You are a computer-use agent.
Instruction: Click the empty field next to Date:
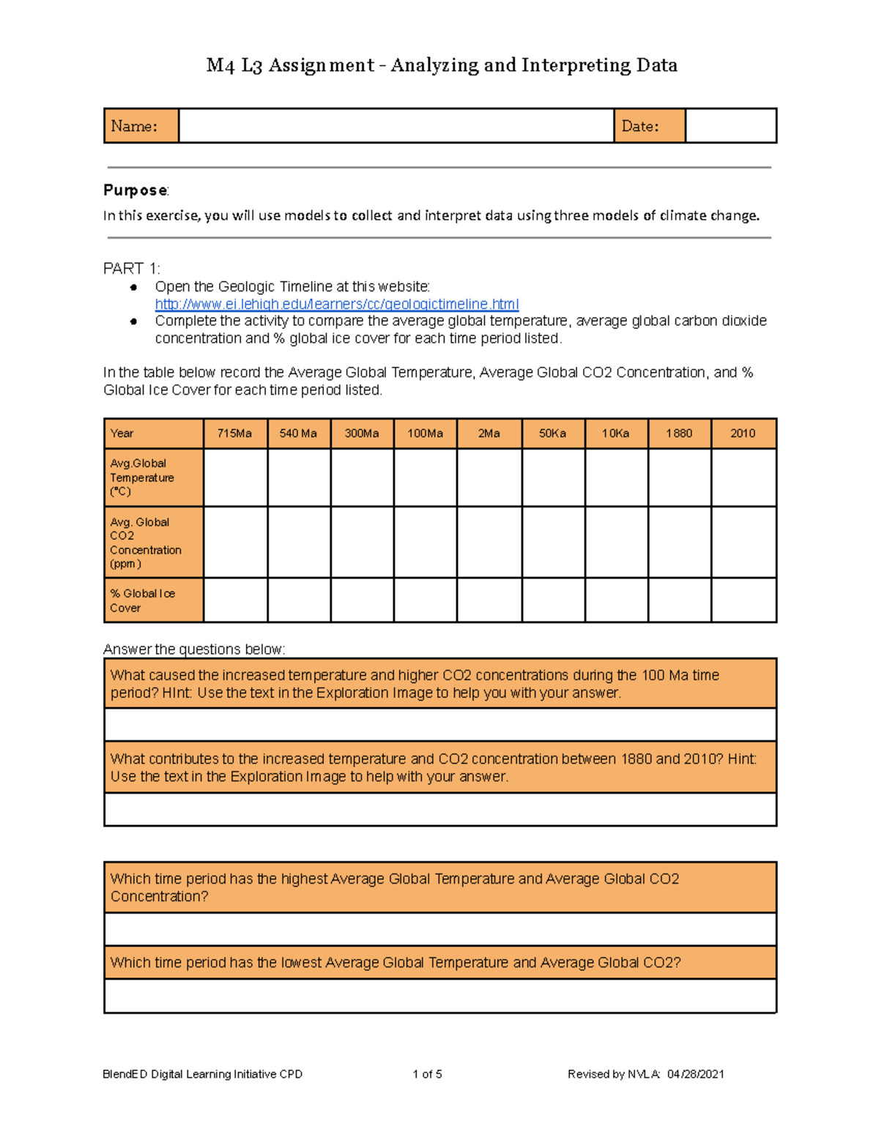click(x=730, y=126)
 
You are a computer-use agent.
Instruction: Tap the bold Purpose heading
click(x=136, y=190)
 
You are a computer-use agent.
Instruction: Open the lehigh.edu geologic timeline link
click(x=336, y=304)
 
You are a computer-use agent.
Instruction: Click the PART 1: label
click(x=131, y=269)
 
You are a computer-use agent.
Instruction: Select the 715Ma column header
click(x=234, y=433)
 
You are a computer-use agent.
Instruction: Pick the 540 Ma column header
click(x=298, y=433)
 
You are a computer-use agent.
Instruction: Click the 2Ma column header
click(x=489, y=433)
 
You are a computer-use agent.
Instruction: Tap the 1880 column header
click(x=678, y=433)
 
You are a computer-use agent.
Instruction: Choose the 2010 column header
click(x=742, y=433)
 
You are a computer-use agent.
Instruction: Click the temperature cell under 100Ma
click(x=425, y=477)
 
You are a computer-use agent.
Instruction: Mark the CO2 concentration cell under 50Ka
click(x=552, y=543)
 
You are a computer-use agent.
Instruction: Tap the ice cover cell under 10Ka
click(x=615, y=600)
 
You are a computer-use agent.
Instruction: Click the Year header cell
click(x=152, y=433)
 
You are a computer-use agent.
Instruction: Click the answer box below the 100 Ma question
click(x=439, y=725)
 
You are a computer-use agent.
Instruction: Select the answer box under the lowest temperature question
click(x=439, y=996)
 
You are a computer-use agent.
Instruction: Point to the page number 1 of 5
click(x=427, y=1074)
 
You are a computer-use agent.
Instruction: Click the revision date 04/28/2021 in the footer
click(x=695, y=1074)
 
